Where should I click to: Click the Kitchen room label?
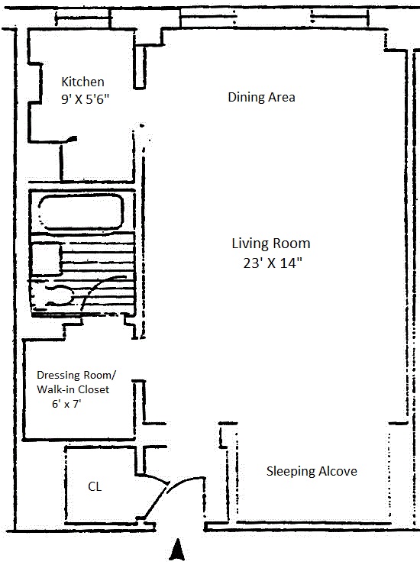(82, 82)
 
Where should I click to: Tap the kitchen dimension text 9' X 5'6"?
(86, 99)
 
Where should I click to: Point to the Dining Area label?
(261, 97)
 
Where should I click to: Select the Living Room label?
(271, 244)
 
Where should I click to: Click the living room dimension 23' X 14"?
(273, 263)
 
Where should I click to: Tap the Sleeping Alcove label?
(312, 471)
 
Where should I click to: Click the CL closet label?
(95, 486)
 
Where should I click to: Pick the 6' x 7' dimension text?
(66, 404)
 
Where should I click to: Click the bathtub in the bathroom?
(81, 212)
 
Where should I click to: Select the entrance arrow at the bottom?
(177, 550)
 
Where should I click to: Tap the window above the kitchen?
(83, 18)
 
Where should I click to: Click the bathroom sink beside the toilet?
(47, 260)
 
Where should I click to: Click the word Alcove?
(338, 471)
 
